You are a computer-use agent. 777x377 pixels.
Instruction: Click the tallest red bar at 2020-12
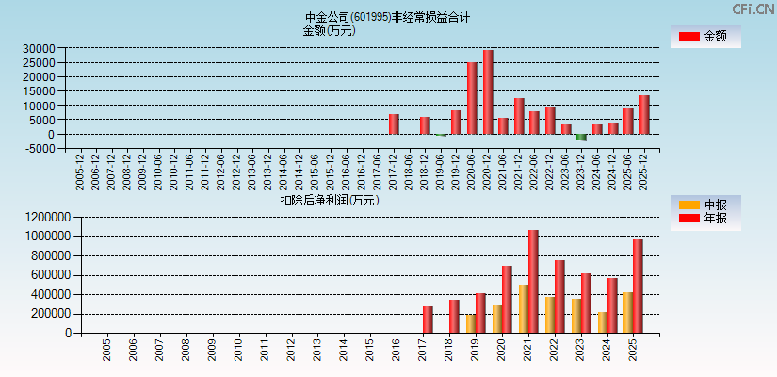click(x=488, y=92)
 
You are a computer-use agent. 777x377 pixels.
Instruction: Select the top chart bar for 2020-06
click(x=472, y=98)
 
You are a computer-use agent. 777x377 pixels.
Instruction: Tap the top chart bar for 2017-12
click(x=394, y=124)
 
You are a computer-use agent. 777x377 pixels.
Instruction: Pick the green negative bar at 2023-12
click(x=581, y=138)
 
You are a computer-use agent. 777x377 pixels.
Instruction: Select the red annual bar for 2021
click(x=533, y=281)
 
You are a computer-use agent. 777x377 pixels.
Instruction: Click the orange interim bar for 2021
click(x=524, y=308)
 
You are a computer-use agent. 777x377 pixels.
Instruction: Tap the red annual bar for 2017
click(x=428, y=320)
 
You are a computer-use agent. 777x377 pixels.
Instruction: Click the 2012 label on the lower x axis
click(x=292, y=351)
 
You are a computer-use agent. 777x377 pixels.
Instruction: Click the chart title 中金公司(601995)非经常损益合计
click(x=387, y=17)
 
